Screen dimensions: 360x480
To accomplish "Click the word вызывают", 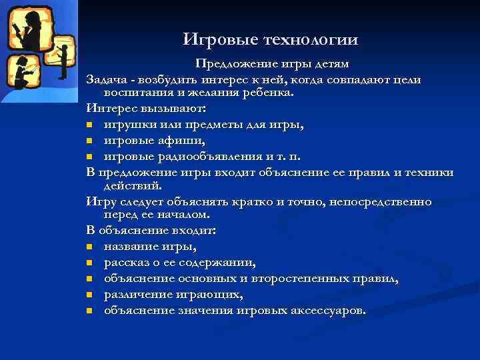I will pos(177,108).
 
